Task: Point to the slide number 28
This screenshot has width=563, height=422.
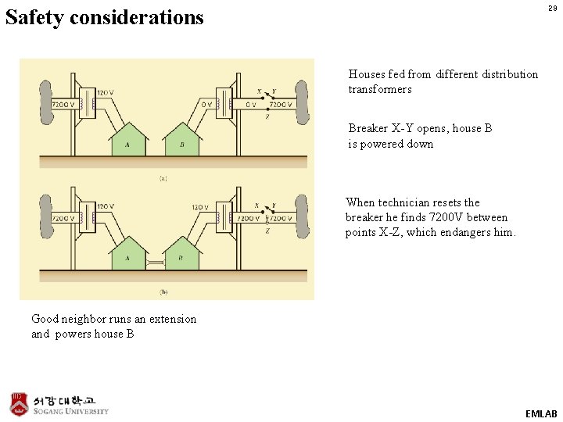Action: (x=552, y=8)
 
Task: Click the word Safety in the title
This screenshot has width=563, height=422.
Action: (x=34, y=17)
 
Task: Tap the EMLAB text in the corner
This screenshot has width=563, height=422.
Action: (x=541, y=413)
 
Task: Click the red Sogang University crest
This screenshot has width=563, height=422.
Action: (x=19, y=404)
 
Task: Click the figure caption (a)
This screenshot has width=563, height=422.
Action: (x=163, y=178)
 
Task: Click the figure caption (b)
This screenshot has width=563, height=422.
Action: (x=163, y=291)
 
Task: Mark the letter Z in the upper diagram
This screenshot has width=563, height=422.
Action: (x=268, y=117)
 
